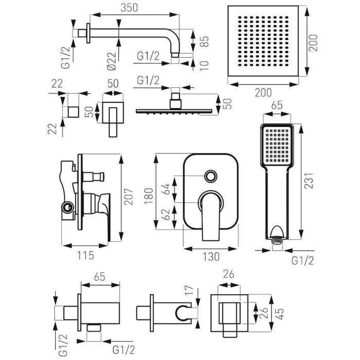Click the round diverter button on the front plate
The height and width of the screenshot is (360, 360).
[x=210, y=176]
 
